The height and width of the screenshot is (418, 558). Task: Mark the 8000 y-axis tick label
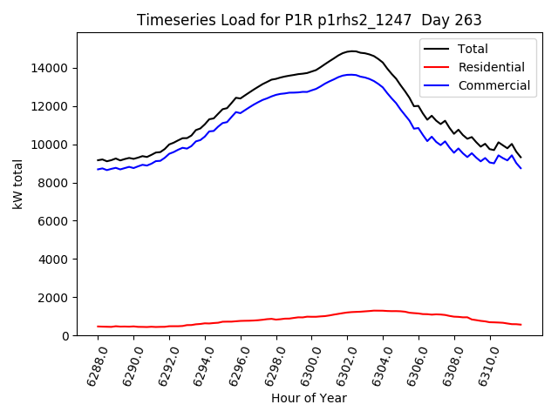(54, 183)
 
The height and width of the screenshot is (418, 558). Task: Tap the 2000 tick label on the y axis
(54, 298)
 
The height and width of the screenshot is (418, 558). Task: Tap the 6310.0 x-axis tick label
(488, 364)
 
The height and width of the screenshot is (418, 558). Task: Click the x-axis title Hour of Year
(309, 398)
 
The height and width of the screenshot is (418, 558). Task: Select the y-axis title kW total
(17, 185)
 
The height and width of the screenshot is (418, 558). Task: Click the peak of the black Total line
(350, 51)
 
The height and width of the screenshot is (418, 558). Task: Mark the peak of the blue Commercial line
(350, 75)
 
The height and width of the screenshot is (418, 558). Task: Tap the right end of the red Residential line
(521, 325)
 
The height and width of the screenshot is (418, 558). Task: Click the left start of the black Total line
(98, 160)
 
